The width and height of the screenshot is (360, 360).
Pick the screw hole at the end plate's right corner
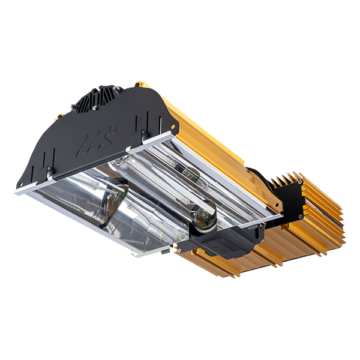(173, 127)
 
